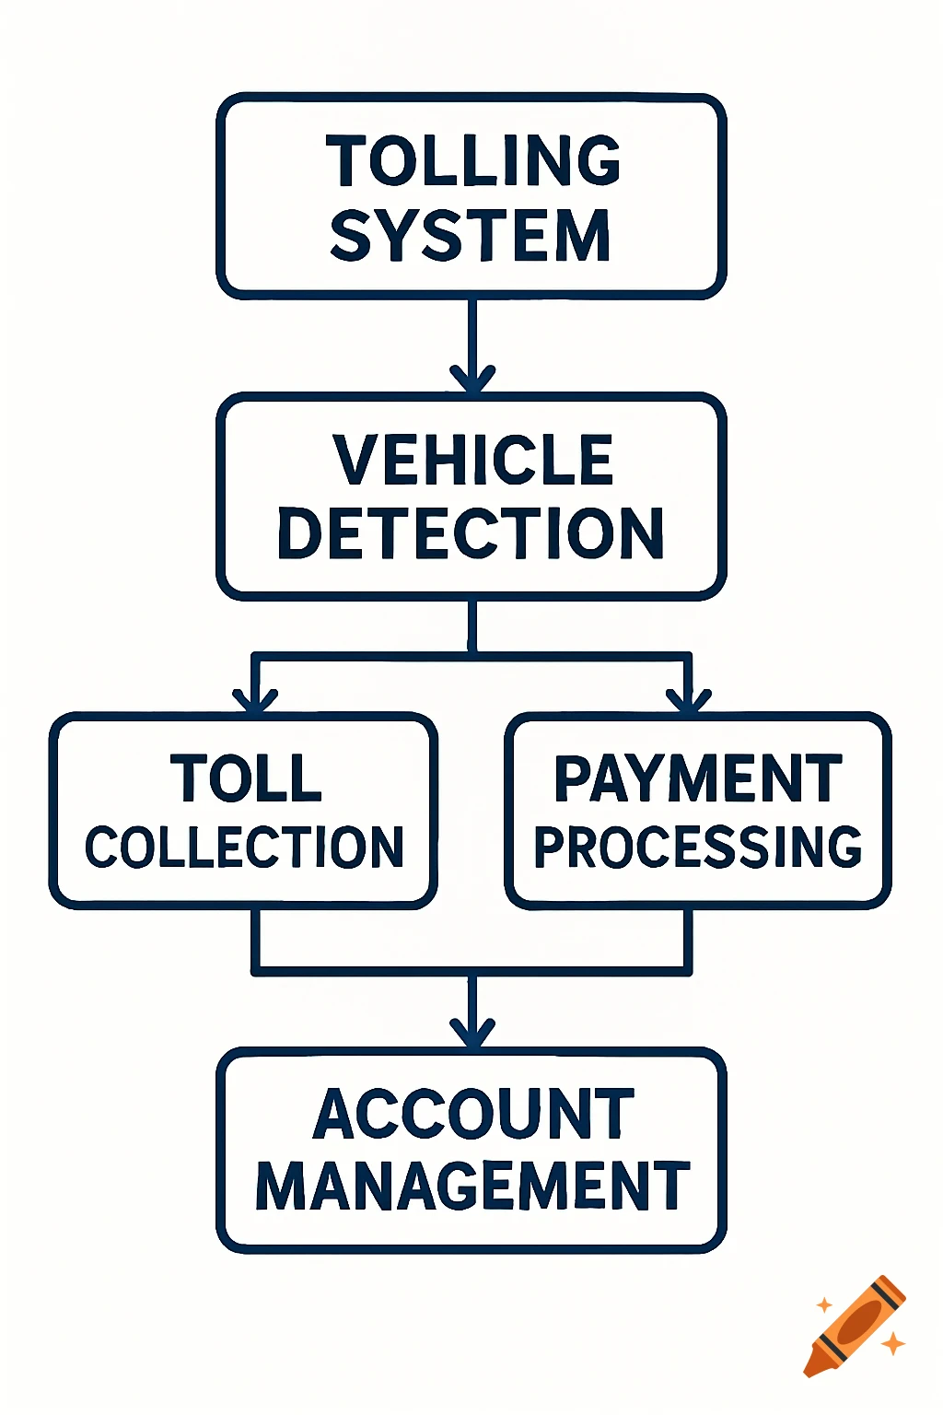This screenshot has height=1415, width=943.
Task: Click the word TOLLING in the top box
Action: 473,160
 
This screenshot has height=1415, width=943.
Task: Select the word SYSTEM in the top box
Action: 471,236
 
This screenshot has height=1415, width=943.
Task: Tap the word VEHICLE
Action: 473,460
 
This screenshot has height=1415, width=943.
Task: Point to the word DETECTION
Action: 471,533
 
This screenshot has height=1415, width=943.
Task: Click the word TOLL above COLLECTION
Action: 246,778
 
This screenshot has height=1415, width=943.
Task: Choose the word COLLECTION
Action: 245,848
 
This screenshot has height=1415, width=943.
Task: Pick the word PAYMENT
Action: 698,778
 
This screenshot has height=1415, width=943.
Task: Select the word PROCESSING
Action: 698,848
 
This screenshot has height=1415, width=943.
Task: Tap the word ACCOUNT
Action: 473,1114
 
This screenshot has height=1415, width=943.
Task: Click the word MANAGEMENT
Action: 472,1186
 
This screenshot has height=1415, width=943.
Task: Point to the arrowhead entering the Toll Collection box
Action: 255,700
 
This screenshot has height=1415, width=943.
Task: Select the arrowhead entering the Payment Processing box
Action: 689,700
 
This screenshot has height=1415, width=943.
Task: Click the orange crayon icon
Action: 855,1326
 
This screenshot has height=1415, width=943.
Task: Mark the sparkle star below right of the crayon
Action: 892,1344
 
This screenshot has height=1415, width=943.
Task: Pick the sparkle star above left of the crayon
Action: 824,1305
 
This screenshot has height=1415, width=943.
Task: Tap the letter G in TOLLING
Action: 596,160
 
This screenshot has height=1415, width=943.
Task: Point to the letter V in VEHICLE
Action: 354,460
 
